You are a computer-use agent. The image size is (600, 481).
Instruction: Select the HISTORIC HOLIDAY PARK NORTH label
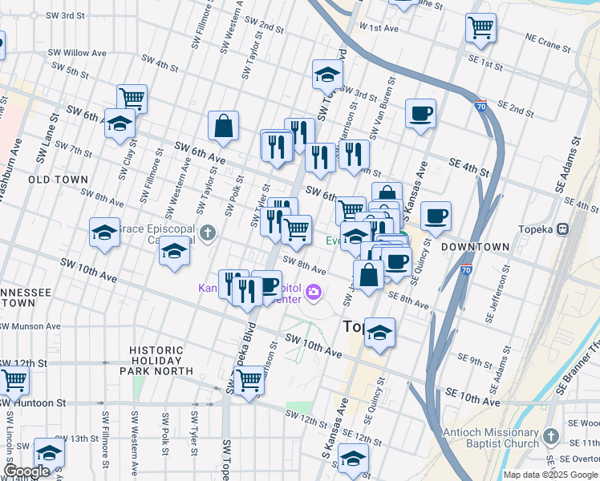(162, 361)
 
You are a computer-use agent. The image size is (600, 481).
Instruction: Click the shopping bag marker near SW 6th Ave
(223, 126)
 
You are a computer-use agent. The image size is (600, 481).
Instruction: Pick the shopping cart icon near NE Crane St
(480, 27)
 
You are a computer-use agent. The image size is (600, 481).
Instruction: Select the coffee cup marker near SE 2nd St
(420, 113)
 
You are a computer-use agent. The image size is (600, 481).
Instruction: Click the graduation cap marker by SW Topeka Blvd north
(327, 75)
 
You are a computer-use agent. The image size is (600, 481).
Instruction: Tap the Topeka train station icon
(563, 228)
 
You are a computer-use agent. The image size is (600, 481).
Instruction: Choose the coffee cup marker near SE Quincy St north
(436, 215)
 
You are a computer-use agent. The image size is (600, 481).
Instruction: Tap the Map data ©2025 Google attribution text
(550, 475)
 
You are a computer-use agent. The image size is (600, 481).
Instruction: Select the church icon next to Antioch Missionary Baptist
(550, 436)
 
